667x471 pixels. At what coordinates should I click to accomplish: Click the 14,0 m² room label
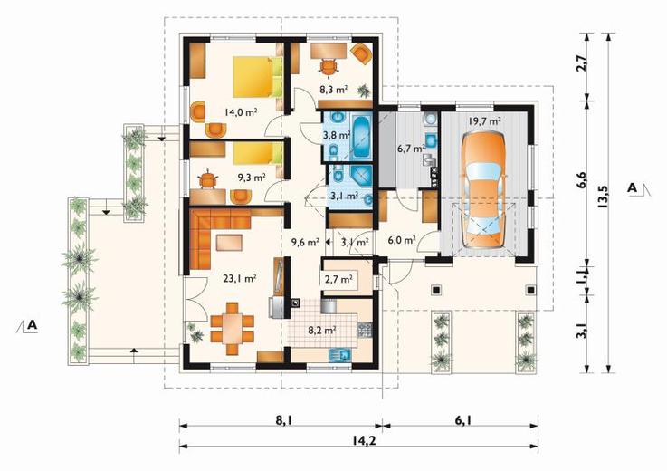pos(242,112)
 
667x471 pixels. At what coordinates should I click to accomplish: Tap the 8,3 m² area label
pos(334,90)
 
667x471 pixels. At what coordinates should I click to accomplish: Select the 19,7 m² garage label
pos(484,121)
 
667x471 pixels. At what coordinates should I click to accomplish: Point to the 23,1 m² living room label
pos(240,278)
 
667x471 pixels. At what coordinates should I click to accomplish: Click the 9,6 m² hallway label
pos(305,243)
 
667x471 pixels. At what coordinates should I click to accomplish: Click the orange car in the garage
pos(484,189)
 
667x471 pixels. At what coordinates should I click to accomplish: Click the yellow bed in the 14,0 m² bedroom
pos(253,78)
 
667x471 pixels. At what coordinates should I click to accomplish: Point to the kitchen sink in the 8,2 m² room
pos(340,355)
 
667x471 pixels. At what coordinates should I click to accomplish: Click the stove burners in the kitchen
pos(365,329)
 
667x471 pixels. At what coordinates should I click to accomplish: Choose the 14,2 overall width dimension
pos(359,440)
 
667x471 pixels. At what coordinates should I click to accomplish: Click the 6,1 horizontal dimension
pos(462,420)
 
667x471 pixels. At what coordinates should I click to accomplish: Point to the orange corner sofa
pos(213,234)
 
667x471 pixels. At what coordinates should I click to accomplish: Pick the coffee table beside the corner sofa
pos(230,243)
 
